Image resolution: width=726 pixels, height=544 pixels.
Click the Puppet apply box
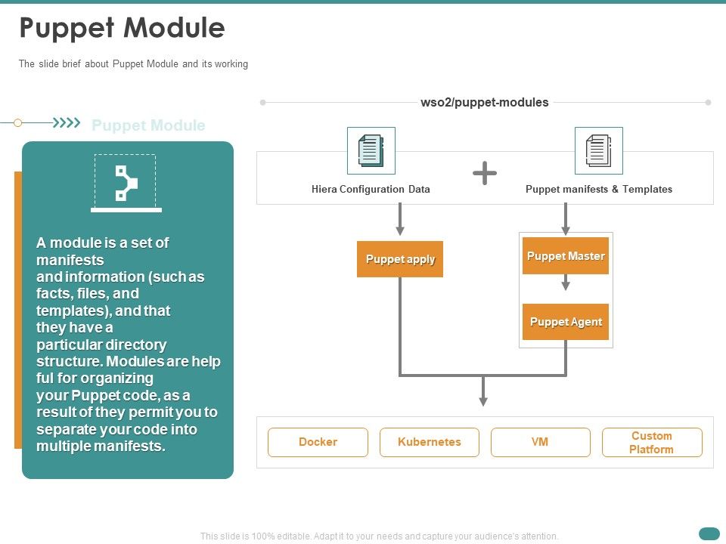400,259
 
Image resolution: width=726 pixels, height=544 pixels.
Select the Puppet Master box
566,256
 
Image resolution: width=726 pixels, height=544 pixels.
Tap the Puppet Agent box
566,322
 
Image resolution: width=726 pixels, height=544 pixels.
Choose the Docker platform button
318,442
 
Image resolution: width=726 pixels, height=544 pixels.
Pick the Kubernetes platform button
429,442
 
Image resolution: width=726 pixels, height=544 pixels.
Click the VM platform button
540,442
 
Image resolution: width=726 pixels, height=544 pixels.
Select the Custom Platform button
652,442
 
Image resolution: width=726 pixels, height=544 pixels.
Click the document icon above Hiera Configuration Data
371,150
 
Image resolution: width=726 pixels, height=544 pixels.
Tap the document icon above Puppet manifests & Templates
598,150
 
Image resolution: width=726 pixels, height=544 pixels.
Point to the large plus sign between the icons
485,174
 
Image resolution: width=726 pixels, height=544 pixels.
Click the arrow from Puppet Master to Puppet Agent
566,283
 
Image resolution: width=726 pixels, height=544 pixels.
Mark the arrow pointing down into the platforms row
483,391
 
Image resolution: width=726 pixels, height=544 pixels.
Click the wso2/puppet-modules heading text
485,103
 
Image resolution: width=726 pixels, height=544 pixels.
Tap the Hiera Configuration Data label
371,190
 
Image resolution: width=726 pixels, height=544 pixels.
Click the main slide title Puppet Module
122,28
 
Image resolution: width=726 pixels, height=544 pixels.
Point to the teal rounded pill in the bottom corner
709,533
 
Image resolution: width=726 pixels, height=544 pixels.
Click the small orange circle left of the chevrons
18,122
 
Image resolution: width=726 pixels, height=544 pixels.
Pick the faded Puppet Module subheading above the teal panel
148,125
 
